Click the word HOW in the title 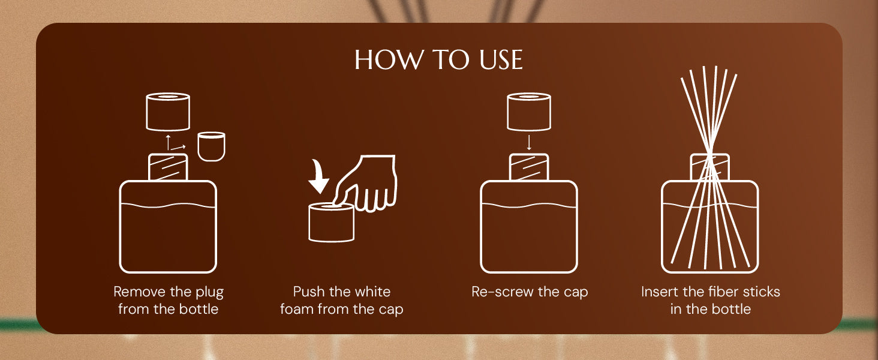coord(389,60)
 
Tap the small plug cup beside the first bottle coord(211,146)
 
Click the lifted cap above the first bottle coord(168,112)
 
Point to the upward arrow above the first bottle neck coord(168,142)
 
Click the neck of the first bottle coord(168,167)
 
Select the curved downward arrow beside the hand coord(318,176)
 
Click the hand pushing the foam coord(365,184)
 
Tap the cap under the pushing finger coord(331,223)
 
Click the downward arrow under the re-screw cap coord(529,143)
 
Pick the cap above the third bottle coord(529,112)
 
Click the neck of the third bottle coord(529,167)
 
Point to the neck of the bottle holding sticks coord(710,167)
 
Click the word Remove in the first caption coord(139,292)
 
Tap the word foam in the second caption coord(297,309)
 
